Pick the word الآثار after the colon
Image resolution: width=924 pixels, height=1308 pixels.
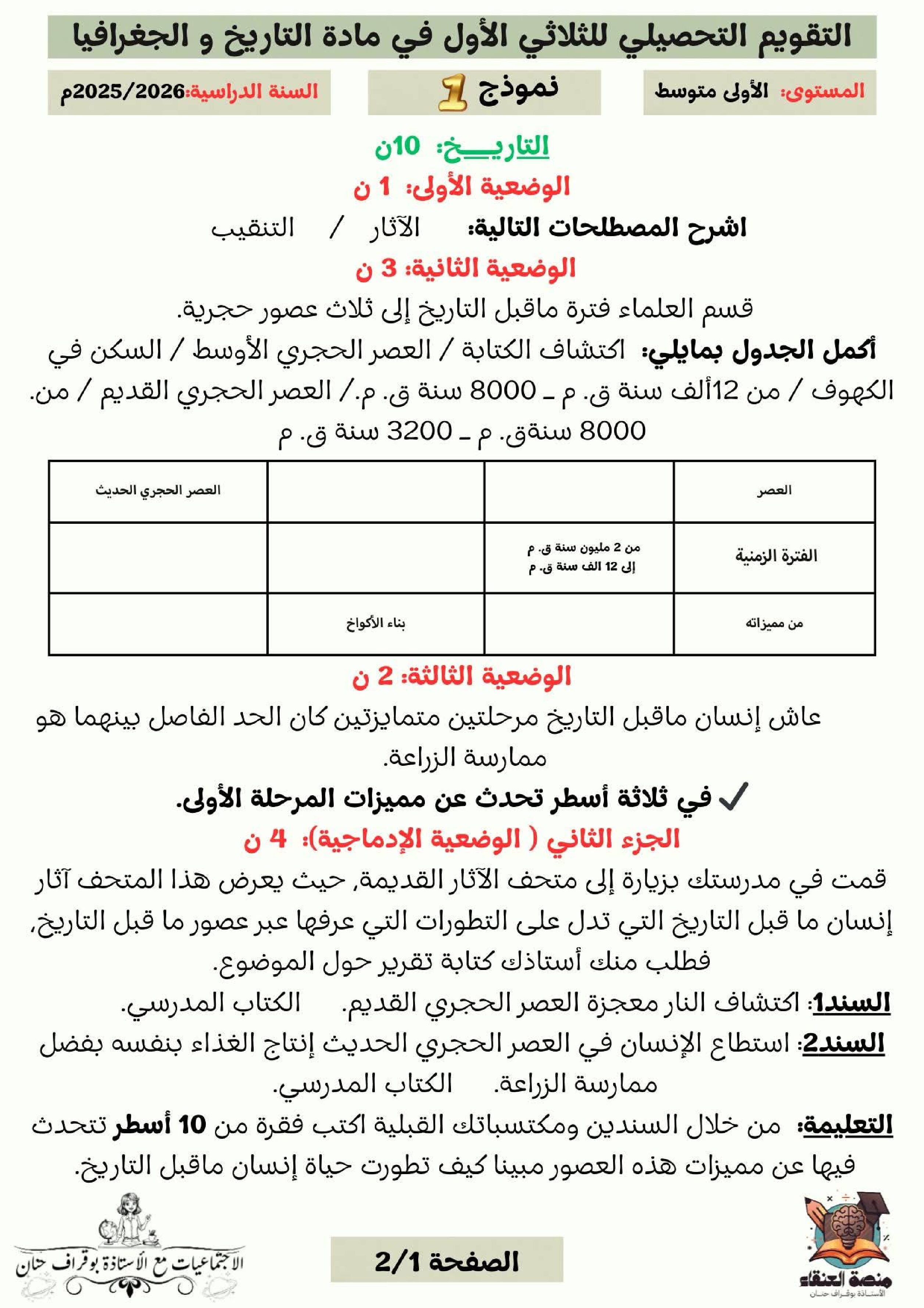click(x=394, y=228)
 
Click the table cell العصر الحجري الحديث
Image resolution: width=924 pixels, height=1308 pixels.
click(x=158, y=491)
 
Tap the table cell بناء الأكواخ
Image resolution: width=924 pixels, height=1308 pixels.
click(x=376, y=623)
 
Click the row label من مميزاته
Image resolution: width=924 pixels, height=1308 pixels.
click(x=774, y=623)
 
